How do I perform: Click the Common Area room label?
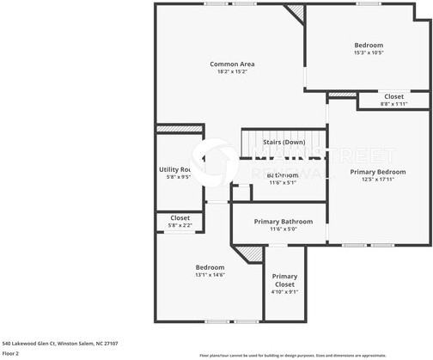(233, 64)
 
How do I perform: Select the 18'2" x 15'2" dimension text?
(233, 72)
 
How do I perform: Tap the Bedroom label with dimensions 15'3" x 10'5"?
(369, 45)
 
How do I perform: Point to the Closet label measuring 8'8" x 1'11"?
(393, 96)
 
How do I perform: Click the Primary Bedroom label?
(371, 172)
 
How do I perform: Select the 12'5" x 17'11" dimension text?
(371, 180)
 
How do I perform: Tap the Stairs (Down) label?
(283, 142)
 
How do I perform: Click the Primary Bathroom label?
(284, 221)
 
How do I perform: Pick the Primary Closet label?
(284, 280)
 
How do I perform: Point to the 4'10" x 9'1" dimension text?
(284, 292)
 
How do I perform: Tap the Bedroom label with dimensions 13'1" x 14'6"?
(210, 266)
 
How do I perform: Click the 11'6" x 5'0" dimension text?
(284, 229)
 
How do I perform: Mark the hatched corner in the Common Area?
(296, 12)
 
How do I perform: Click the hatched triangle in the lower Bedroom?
(251, 253)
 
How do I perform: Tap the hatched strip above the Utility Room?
(179, 130)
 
